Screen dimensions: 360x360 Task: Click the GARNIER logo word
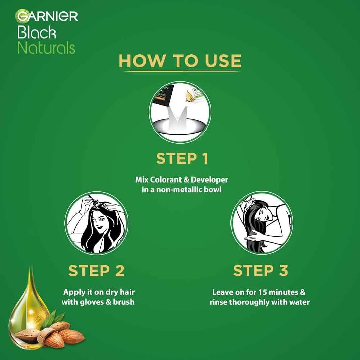(x=47, y=16)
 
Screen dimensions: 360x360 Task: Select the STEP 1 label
(x=182, y=158)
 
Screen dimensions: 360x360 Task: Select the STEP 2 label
(x=96, y=271)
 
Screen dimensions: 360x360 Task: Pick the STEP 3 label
(x=260, y=270)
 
